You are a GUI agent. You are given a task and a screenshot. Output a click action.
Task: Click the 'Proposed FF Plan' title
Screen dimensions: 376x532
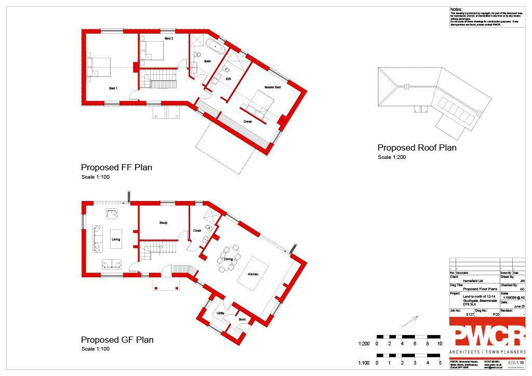coord(116,168)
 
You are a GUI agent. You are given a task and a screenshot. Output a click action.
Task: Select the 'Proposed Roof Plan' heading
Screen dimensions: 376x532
coord(417,148)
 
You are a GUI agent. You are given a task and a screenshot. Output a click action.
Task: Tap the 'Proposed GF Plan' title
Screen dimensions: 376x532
coord(117,340)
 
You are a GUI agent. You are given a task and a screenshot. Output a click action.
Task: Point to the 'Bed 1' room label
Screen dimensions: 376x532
coord(113,88)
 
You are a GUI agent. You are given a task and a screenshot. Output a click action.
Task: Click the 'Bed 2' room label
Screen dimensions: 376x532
coord(169,38)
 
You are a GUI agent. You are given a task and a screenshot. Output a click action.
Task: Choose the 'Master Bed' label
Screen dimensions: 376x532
coord(272,87)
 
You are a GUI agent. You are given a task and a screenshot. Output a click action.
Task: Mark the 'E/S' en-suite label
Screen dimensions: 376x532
coord(228,78)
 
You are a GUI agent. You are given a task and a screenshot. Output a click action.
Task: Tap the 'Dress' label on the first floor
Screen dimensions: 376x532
coord(248,122)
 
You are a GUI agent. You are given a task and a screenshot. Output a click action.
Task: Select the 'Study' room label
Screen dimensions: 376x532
coord(163,223)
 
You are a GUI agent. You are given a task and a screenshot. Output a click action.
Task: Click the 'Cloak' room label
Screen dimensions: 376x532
coord(197,231)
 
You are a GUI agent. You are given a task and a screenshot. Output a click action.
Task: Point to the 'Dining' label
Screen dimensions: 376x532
coord(228,259)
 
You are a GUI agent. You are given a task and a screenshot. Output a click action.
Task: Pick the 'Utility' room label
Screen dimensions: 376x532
coord(220,313)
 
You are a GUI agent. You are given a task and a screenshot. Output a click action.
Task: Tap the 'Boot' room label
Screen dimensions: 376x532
coord(242,319)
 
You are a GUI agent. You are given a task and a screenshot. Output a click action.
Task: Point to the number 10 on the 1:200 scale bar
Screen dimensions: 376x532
coord(440,344)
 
